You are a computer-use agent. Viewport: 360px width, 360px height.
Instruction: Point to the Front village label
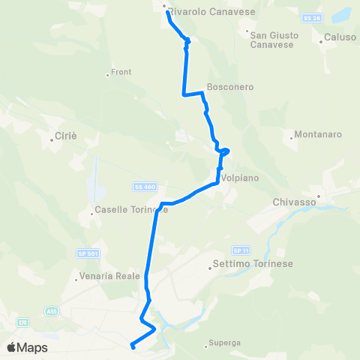click(121, 72)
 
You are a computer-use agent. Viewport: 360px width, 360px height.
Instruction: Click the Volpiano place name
click(239, 178)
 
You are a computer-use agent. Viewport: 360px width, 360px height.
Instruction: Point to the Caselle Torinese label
click(131, 210)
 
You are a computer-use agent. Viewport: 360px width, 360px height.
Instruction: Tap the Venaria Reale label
click(109, 276)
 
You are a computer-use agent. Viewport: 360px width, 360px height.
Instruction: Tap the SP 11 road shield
click(239, 250)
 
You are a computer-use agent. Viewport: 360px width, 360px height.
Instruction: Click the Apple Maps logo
click(26, 348)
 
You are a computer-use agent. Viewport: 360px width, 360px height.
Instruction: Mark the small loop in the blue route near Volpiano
click(223, 151)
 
